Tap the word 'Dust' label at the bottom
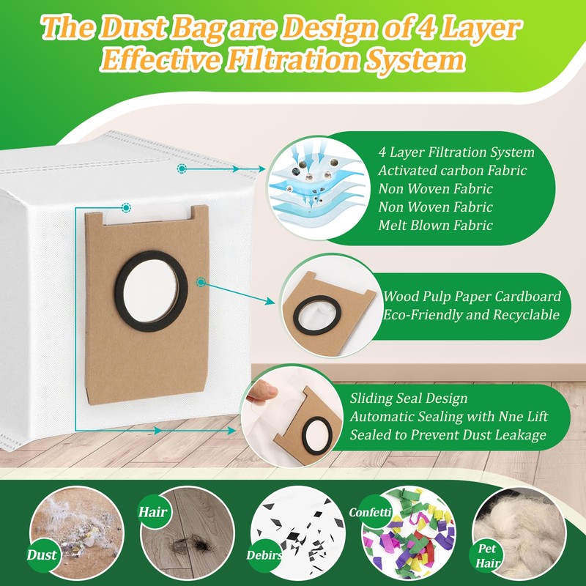point(42,555)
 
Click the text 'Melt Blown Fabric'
point(435,226)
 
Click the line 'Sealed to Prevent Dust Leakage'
point(448,435)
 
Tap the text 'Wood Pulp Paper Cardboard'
point(472,297)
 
